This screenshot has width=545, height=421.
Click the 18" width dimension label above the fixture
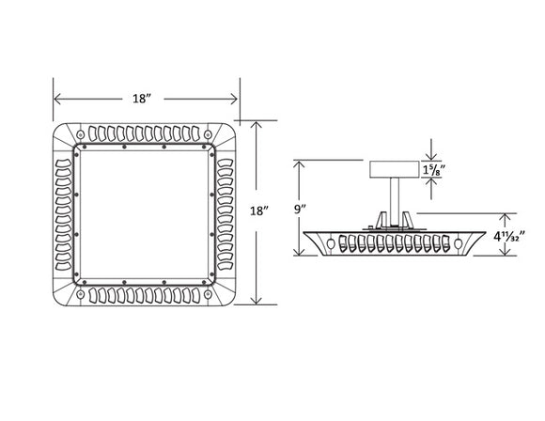pyautogui.click(x=142, y=99)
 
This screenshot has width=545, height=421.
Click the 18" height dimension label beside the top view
pyautogui.click(x=259, y=210)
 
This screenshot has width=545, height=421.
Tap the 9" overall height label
pyautogui.click(x=301, y=210)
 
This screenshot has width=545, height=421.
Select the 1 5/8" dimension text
pyautogui.click(x=434, y=170)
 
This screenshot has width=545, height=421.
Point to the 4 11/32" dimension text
pyautogui.click(x=509, y=237)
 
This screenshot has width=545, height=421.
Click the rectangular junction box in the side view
pyautogui.click(x=394, y=169)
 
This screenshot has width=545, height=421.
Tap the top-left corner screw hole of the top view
pyautogui.click(x=80, y=133)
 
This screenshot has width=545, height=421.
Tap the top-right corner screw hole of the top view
pyautogui.click(x=208, y=133)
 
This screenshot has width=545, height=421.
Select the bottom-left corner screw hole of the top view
pyautogui.click(x=80, y=294)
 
